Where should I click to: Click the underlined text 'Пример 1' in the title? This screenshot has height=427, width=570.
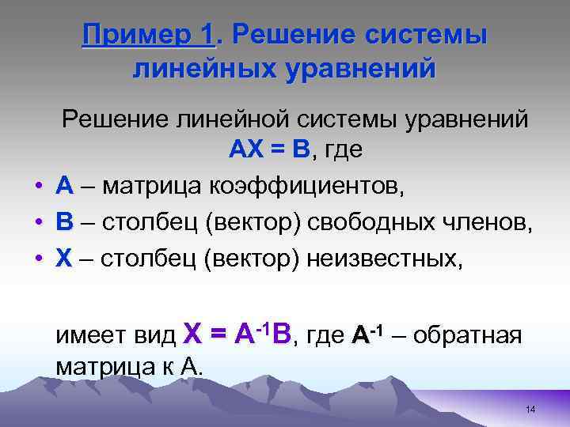[148, 36]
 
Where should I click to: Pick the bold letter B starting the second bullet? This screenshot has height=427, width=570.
[65, 223]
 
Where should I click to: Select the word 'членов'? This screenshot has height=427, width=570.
[490, 223]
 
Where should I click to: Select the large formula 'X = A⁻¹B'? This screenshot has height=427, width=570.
[237, 333]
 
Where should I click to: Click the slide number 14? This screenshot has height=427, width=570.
[530, 409]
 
